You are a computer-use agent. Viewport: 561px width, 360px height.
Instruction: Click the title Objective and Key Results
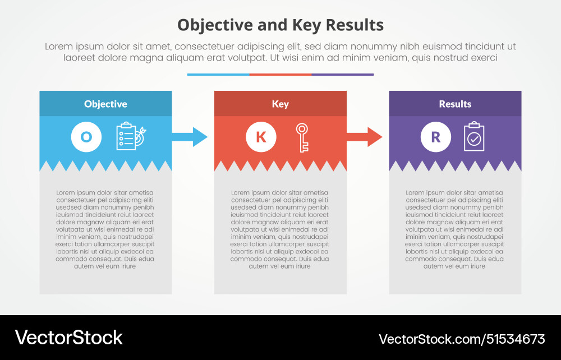pyautogui.click(x=280, y=25)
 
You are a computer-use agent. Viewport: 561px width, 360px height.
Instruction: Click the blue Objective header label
pyautogui.click(x=105, y=104)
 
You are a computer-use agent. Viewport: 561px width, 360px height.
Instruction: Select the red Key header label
pyautogui.click(x=280, y=104)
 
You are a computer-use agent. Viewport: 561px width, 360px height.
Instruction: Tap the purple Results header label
pyautogui.click(x=455, y=104)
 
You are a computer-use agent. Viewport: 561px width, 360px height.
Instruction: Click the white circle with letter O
pyautogui.click(x=86, y=137)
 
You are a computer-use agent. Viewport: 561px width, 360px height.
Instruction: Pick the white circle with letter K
pyautogui.click(x=261, y=137)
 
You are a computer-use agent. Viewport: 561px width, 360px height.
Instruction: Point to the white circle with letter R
pyautogui.click(x=435, y=137)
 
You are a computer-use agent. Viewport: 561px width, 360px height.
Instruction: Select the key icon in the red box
pyautogui.click(x=302, y=137)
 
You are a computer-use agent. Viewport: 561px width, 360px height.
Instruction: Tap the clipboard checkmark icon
pyautogui.click(x=474, y=137)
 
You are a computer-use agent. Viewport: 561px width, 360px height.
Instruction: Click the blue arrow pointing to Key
pyautogui.click(x=190, y=137)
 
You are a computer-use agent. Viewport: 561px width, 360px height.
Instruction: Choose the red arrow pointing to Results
pyautogui.click(x=365, y=137)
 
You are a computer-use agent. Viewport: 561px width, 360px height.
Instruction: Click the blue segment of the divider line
pyautogui.click(x=218, y=74)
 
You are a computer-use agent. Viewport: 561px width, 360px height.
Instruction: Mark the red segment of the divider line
pyautogui.click(x=280, y=74)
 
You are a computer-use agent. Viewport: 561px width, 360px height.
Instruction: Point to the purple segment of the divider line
pyautogui.click(x=342, y=74)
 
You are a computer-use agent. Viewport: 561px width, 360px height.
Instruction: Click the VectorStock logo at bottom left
pyautogui.click(x=68, y=338)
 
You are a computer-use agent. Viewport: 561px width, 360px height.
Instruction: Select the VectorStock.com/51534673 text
pyautogui.click(x=462, y=339)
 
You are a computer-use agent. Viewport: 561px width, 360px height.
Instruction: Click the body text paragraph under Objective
pyautogui.click(x=105, y=229)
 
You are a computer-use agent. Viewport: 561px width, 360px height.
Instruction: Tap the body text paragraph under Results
pyautogui.click(x=454, y=229)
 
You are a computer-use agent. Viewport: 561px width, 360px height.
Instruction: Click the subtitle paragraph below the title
pyautogui.click(x=280, y=52)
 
